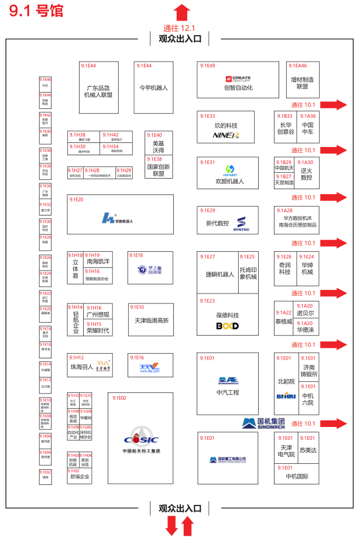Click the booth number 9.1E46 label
296,66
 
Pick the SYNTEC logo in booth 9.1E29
243,223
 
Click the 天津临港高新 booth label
150,320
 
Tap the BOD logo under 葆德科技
227,326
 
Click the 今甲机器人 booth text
153,88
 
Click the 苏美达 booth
307,450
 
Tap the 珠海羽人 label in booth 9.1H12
82,367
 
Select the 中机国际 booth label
297,476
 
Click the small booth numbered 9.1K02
45,476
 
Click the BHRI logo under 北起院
286,395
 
